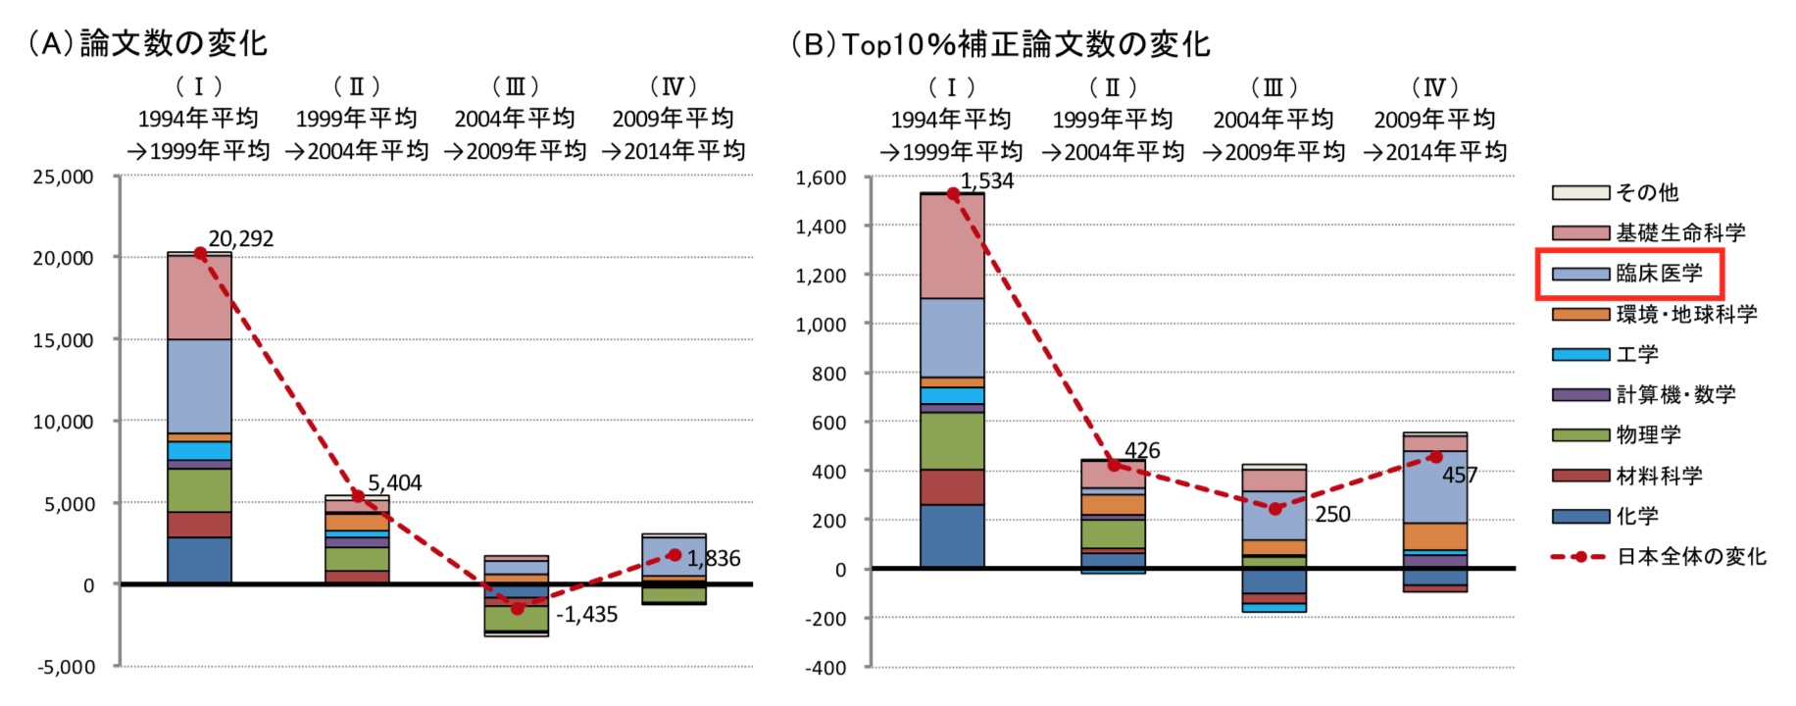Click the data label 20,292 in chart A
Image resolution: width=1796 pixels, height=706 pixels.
(x=240, y=239)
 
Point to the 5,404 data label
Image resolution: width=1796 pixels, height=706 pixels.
(x=394, y=483)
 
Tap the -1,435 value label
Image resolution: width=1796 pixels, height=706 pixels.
(x=586, y=615)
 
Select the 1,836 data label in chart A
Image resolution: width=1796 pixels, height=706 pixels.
(x=714, y=559)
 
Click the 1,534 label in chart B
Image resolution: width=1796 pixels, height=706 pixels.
(x=986, y=181)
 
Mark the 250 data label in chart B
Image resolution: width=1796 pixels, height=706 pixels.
(x=1332, y=515)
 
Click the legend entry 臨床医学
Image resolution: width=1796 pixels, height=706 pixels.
(x=1659, y=274)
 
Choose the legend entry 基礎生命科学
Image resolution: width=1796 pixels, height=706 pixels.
(x=1680, y=233)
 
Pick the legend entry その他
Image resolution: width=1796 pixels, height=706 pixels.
(x=1647, y=192)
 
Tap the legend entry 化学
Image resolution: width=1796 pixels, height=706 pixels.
(x=1637, y=516)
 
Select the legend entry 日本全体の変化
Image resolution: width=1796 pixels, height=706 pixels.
(x=1691, y=557)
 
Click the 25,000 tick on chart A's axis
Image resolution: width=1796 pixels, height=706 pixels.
(x=63, y=177)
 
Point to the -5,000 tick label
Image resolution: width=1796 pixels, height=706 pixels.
(x=67, y=667)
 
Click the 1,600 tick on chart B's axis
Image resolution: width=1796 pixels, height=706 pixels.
(x=821, y=177)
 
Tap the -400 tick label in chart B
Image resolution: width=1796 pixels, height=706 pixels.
(x=825, y=668)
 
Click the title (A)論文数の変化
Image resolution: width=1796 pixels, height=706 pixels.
(x=147, y=43)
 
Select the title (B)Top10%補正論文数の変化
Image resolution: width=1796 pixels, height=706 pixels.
(x=1000, y=44)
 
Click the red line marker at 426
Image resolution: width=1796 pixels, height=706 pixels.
(x=1114, y=465)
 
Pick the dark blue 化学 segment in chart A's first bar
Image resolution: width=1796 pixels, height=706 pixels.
(x=200, y=560)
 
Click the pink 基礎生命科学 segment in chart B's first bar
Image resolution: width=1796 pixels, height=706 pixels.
(x=952, y=246)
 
